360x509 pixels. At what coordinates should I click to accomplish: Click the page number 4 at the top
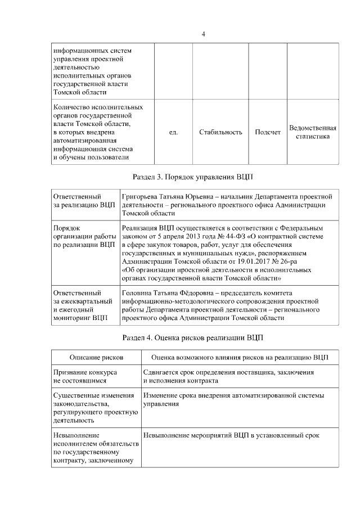[x=204, y=34]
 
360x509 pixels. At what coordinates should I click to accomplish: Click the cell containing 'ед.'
[x=173, y=132]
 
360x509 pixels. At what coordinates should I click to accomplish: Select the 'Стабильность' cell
[x=220, y=132]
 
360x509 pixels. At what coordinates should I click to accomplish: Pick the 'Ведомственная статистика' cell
[x=313, y=132]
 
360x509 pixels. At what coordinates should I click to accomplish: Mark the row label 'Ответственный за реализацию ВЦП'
[x=84, y=201]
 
